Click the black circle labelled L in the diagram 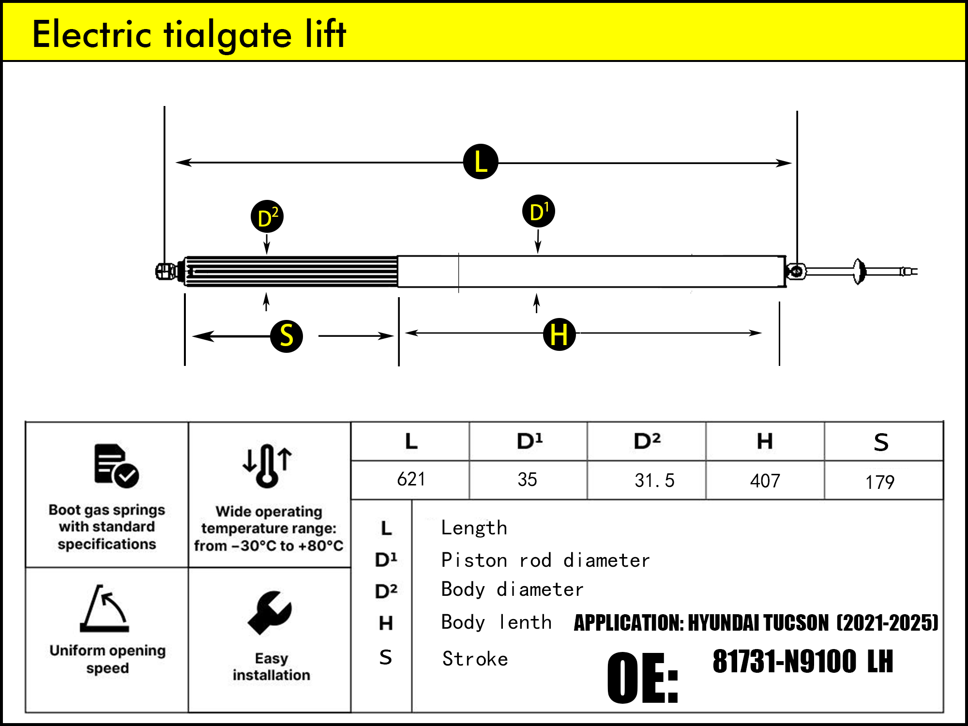tap(480, 162)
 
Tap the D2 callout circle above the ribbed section tap(267, 216)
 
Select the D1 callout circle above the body tap(538, 212)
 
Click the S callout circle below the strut tap(287, 336)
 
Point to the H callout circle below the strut tap(559, 334)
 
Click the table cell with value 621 tap(410, 480)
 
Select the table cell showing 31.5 tap(653, 481)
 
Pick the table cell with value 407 tap(765, 481)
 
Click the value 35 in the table tap(527, 480)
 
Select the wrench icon tap(270, 612)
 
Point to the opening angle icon tap(105, 608)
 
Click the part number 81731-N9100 tap(784, 662)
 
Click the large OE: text tap(642, 678)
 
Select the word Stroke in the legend tap(475, 659)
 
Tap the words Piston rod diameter tap(545, 560)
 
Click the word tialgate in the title tap(227, 35)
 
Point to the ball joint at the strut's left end tap(165, 271)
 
